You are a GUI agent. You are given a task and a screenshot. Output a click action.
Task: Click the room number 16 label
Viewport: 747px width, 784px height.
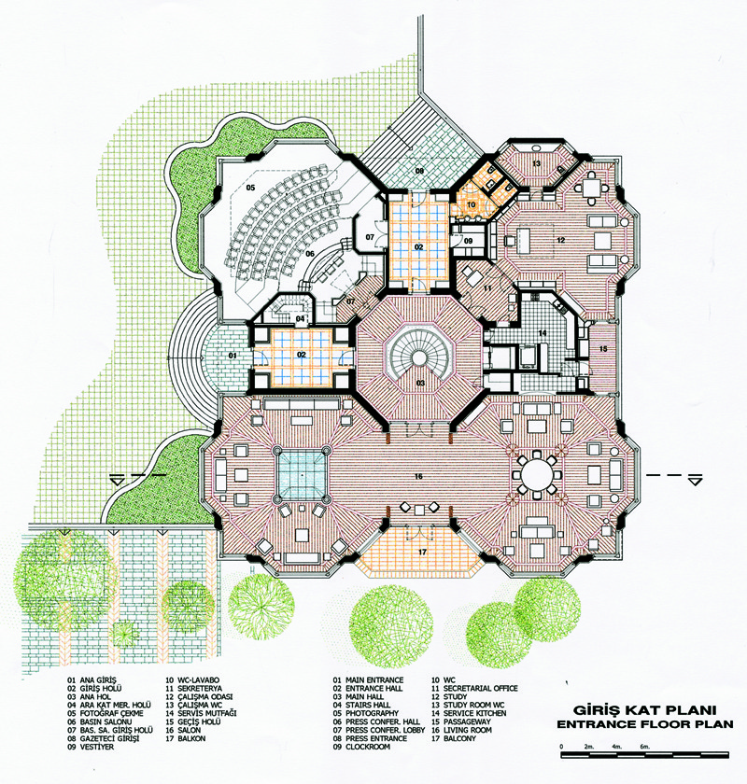click(418, 476)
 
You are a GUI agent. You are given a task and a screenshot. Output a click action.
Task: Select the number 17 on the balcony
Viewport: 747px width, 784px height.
click(422, 552)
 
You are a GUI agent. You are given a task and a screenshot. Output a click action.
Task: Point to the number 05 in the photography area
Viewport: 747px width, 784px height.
click(250, 188)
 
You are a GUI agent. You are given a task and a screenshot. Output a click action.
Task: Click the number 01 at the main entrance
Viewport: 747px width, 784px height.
click(233, 356)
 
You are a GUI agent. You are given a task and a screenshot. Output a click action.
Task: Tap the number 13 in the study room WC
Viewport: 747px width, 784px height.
click(536, 163)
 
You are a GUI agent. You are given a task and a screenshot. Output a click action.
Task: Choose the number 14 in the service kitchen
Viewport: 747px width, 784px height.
click(543, 333)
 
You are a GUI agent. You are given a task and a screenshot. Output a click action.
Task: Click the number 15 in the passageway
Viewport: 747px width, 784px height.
click(603, 348)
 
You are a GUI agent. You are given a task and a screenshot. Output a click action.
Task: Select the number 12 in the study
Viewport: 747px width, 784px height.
click(561, 240)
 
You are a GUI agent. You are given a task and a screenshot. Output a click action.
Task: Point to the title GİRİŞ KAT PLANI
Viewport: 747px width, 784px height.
click(645, 710)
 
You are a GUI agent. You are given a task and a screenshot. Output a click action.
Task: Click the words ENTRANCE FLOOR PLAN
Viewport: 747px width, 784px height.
click(645, 724)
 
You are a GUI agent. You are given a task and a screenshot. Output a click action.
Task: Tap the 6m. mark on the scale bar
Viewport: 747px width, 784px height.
click(645, 747)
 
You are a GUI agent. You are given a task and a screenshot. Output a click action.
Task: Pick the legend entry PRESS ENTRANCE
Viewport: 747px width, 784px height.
click(376, 738)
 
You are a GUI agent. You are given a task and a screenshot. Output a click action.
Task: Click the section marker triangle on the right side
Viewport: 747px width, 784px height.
click(695, 481)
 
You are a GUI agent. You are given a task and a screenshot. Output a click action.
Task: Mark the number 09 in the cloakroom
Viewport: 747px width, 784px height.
click(469, 241)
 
